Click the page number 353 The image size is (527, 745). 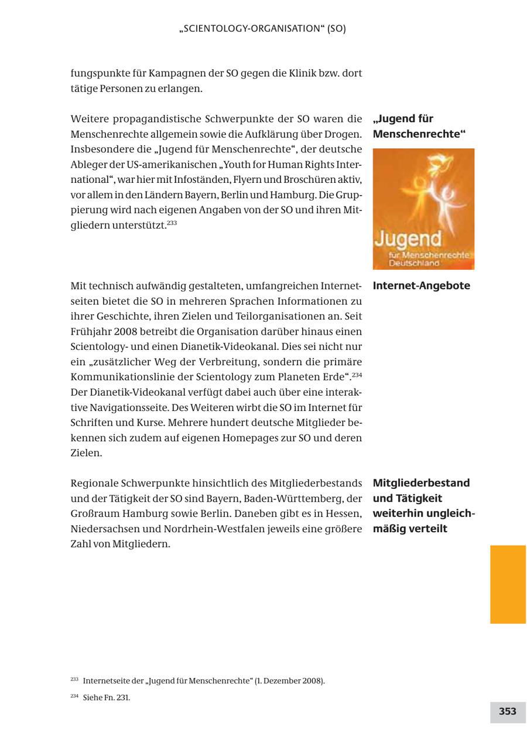tap(507, 712)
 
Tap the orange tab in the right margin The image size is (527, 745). tap(508, 584)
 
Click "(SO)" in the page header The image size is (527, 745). tap(337, 28)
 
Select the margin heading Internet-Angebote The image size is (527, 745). tap(421, 286)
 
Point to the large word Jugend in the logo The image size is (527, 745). tap(408, 239)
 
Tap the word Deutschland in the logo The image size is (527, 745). tap(415, 263)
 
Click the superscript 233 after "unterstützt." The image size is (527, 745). tap(172, 223)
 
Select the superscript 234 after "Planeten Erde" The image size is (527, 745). tap(357, 375)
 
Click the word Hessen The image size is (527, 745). tap(344, 513)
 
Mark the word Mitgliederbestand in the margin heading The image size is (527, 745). tap(421, 483)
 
